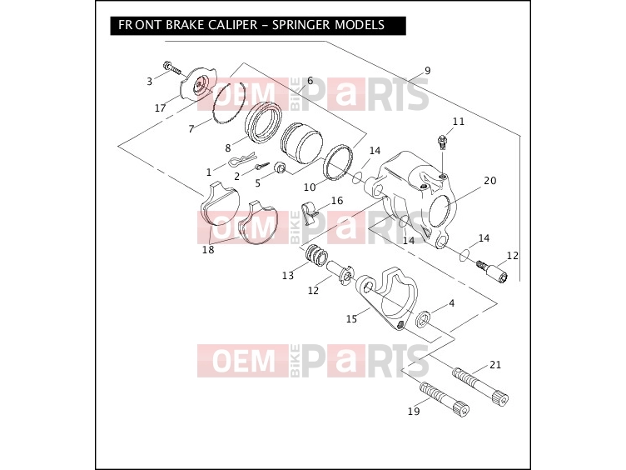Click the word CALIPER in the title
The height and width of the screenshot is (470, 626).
coord(232,25)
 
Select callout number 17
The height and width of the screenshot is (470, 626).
coord(160,107)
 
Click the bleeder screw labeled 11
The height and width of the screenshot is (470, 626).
coord(441,142)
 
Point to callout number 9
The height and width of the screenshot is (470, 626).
coord(428,71)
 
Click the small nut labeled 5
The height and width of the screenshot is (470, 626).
coord(281,167)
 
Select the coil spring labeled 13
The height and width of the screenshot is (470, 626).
coord(316,256)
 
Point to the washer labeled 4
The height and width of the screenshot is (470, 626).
coord(423,319)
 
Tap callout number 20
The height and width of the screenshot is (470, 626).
coord(489,181)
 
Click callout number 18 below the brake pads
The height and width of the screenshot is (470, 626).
coord(208,250)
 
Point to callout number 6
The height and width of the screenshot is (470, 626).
coord(310,81)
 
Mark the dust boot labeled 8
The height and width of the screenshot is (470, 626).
coord(264,122)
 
